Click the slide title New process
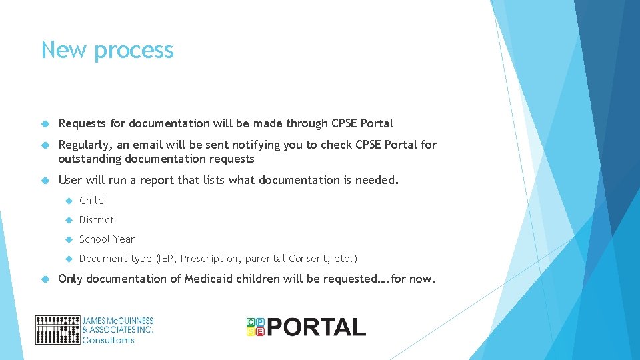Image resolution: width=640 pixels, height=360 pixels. point(107,50)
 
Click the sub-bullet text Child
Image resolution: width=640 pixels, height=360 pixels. point(91,200)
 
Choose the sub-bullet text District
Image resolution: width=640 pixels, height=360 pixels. point(97,219)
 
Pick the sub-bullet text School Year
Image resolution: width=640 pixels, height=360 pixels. point(107,239)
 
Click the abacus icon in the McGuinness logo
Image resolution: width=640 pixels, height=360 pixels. point(57,329)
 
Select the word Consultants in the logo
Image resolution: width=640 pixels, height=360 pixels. point(108,340)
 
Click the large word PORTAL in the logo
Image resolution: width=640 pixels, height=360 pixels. point(317,327)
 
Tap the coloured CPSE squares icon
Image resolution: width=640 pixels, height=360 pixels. point(255,327)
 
